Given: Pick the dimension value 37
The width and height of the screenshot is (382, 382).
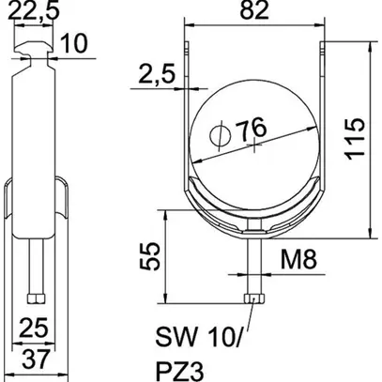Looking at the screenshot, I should tap(34, 359).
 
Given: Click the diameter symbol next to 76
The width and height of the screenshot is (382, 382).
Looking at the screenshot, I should tap(218, 137).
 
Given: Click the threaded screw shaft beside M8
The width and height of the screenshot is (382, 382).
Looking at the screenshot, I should tap(254, 267).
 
